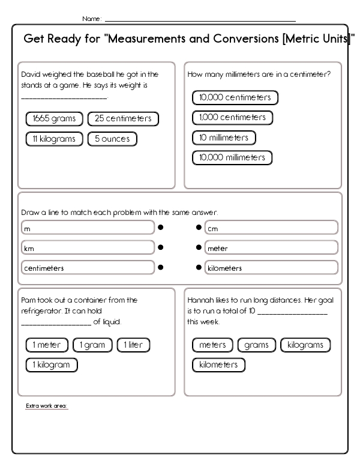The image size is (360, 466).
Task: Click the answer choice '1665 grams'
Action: click(x=55, y=119)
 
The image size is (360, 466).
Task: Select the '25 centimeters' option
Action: click(x=123, y=119)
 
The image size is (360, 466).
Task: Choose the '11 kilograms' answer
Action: click(x=55, y=139)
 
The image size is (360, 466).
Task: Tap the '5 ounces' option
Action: click(x=112, y=139)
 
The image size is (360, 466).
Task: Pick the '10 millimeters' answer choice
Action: click(x=224, y=138)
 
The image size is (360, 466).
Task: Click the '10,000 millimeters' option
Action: click(x=232, y=158)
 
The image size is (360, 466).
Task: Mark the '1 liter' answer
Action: click(x=133, y=345)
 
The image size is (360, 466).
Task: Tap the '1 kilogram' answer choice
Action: click(x=52, y=365)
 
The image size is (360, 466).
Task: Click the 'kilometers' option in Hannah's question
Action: click(x=218, y=365)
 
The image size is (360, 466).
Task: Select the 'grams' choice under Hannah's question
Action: click(x=257, y=345)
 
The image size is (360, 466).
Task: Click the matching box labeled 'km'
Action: click(x=87, y=247)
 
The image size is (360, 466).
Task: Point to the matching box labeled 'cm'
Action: click(x=271, y=228)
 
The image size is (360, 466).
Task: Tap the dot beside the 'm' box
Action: click(x=161, y=228)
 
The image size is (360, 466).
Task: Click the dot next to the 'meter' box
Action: click(x=199, y=247)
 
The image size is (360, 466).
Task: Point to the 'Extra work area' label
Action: click(x=47, y=407)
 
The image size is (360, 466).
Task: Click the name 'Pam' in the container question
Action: click(x=28, y=300)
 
